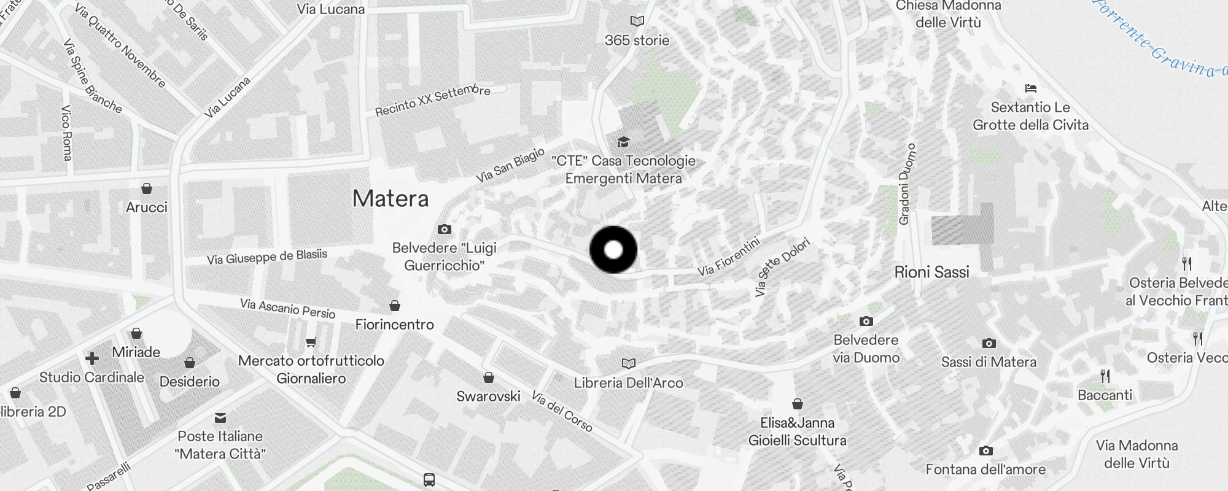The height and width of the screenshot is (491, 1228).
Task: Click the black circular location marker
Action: coord(613,250)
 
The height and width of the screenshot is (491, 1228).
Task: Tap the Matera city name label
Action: coord(391,199)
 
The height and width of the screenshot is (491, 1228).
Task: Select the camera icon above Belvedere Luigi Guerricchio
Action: coord(445,230)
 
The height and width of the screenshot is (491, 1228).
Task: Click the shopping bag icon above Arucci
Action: coord(147,188)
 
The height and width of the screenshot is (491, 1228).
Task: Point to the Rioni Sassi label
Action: coord(931,272)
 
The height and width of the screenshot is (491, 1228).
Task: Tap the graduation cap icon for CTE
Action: coord(623,142)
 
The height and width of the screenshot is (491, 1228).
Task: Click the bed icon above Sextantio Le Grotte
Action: coord(1031,88)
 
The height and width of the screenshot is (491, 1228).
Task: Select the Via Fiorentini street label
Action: coord(729,257)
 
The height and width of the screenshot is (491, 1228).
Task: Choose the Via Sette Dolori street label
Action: coord(782,267)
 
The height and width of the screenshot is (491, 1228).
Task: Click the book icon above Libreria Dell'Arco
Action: coord(628,364)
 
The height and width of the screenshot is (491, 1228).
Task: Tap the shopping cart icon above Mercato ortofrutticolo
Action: coord(311,342)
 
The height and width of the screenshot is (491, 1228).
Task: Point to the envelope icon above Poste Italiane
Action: coord(220,418)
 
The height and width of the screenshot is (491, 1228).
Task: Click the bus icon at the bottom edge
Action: coord(429,480)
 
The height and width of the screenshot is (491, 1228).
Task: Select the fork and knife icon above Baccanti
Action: coord(1105,376)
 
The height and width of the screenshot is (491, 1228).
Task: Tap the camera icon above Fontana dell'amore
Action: coord(985,451)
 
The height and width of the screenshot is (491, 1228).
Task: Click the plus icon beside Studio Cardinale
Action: coord(92,358)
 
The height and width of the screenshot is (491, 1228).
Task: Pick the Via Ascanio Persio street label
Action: coord(288,308)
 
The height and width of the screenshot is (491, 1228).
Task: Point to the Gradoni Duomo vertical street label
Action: coord(907,184)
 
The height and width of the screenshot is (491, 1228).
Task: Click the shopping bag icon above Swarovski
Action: coord(489,377)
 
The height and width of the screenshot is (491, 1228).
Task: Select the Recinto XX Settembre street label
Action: coord(433,101)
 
